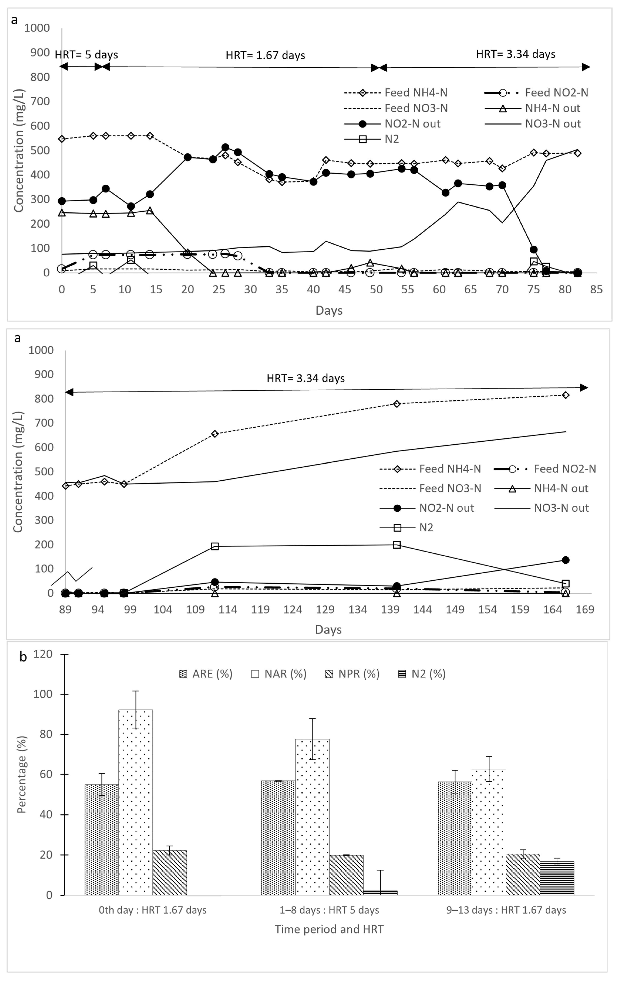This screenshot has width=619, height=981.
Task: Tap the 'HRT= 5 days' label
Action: pyautogui.click(x=86, y=55)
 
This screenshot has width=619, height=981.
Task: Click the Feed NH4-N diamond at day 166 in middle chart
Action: pyautogui.click(x=565, y=395)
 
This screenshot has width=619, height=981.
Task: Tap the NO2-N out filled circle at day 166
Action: pyautogui.click(x=565, y=560)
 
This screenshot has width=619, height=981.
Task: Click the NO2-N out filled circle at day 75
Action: pyautogui.click(x=533, y=249)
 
